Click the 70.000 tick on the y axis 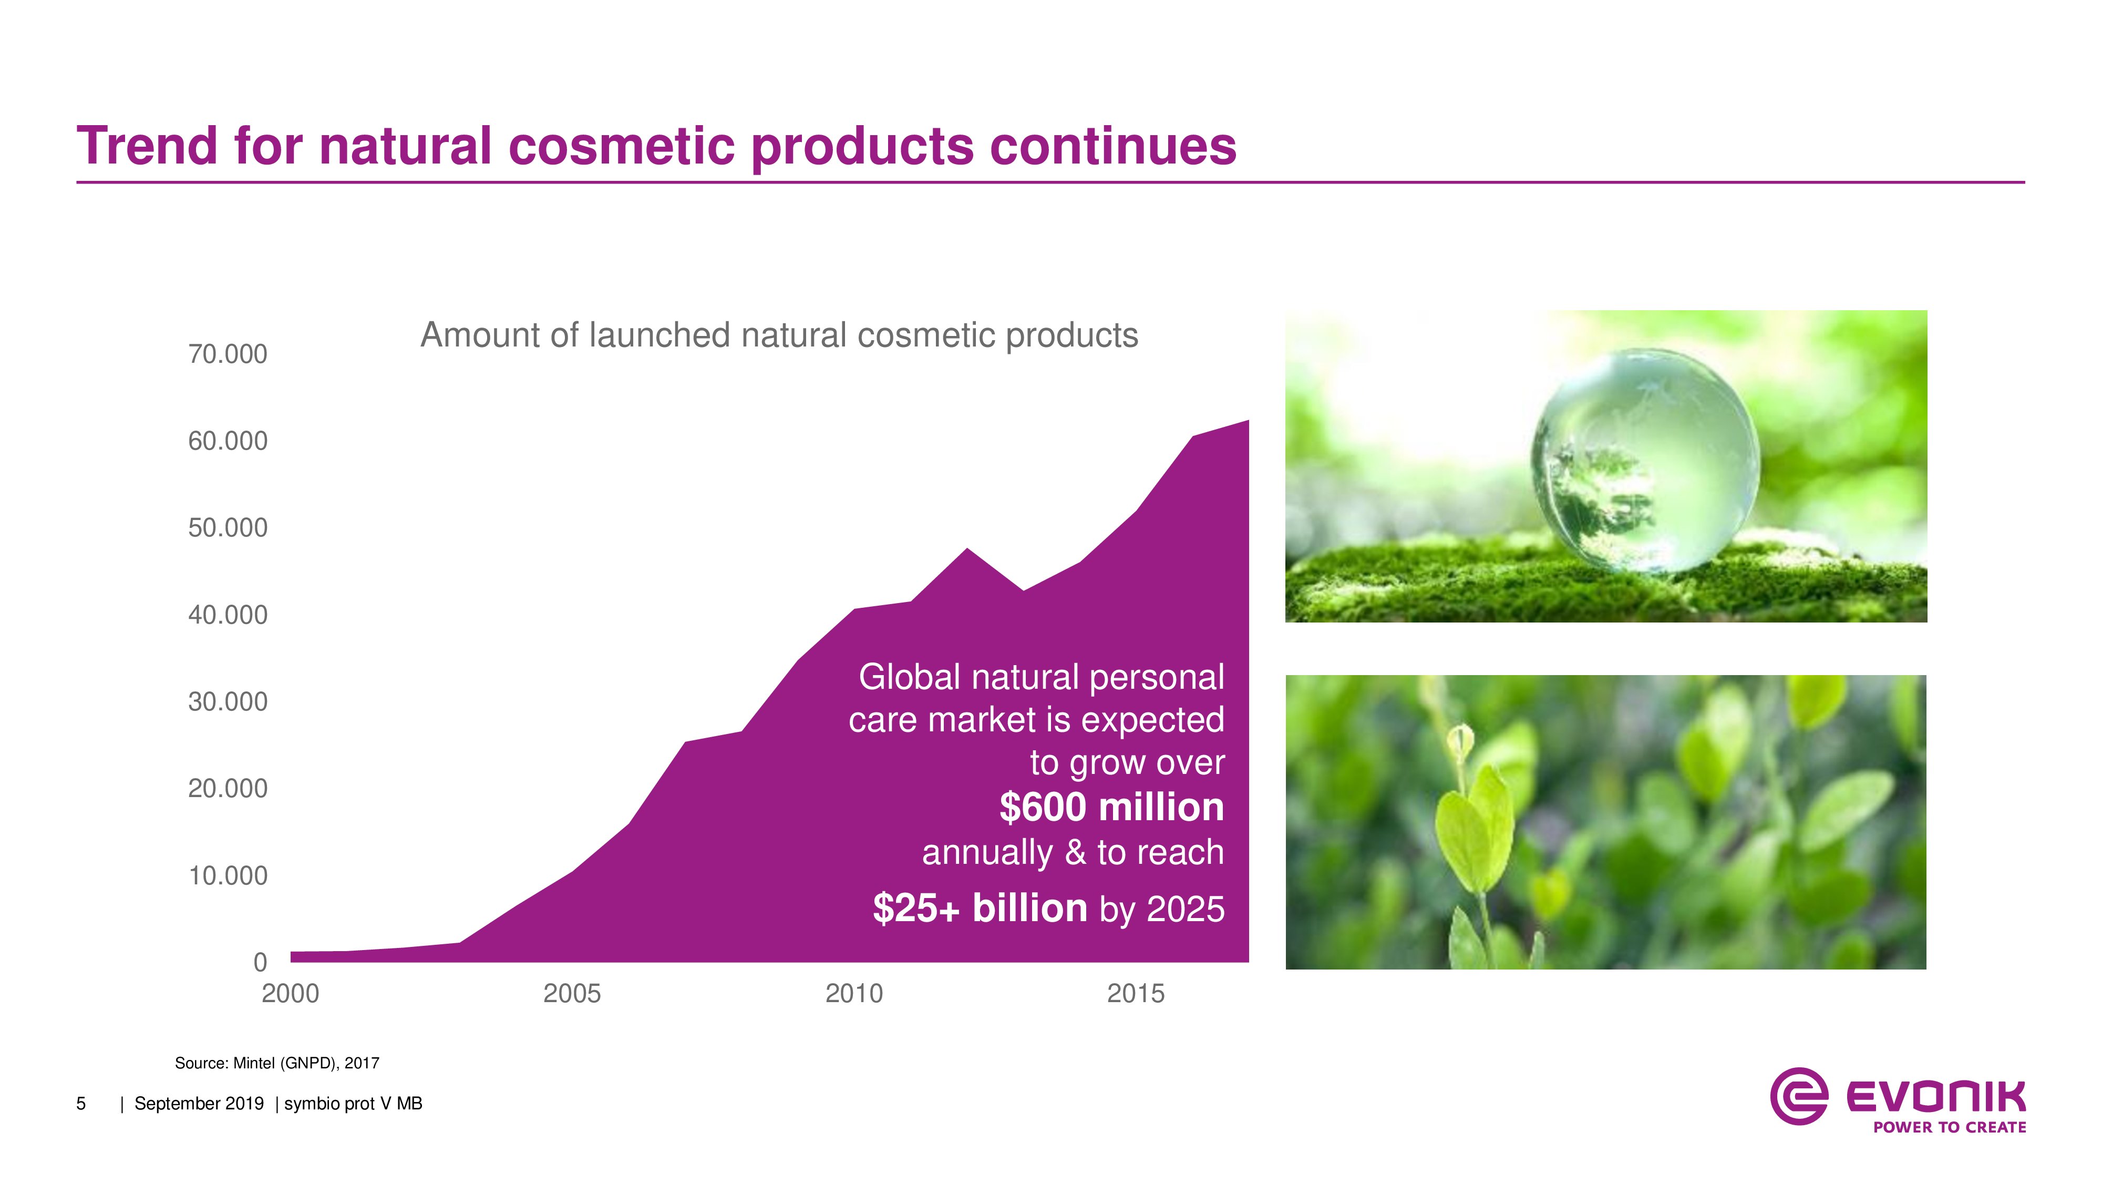[228, 354]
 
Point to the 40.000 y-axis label [228, 615]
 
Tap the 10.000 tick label [228, 875]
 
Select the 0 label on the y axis [260, 963]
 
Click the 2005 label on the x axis [572, 994]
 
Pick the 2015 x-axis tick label [1136, 994]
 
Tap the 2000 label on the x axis [291, 994]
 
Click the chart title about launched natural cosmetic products [779, 335]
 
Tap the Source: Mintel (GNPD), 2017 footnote [277, 1063]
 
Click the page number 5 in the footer [81, 1104]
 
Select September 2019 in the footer [199, 1104]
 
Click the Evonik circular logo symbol [1798, 1096]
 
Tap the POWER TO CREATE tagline [1950, 1127]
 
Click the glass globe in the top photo [1645, 461]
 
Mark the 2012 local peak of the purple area [967, 548]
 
